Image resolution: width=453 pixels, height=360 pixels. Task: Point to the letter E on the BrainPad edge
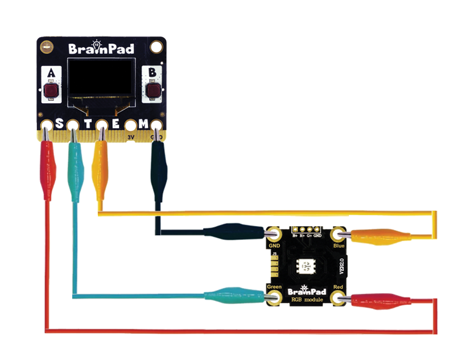[116, 125]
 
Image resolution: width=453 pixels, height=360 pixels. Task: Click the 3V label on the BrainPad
[130, 137]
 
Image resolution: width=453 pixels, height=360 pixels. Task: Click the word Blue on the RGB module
[339, 246]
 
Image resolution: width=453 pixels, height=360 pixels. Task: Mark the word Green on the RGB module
[274, 287]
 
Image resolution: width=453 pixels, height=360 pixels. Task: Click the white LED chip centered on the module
[307, 265]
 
